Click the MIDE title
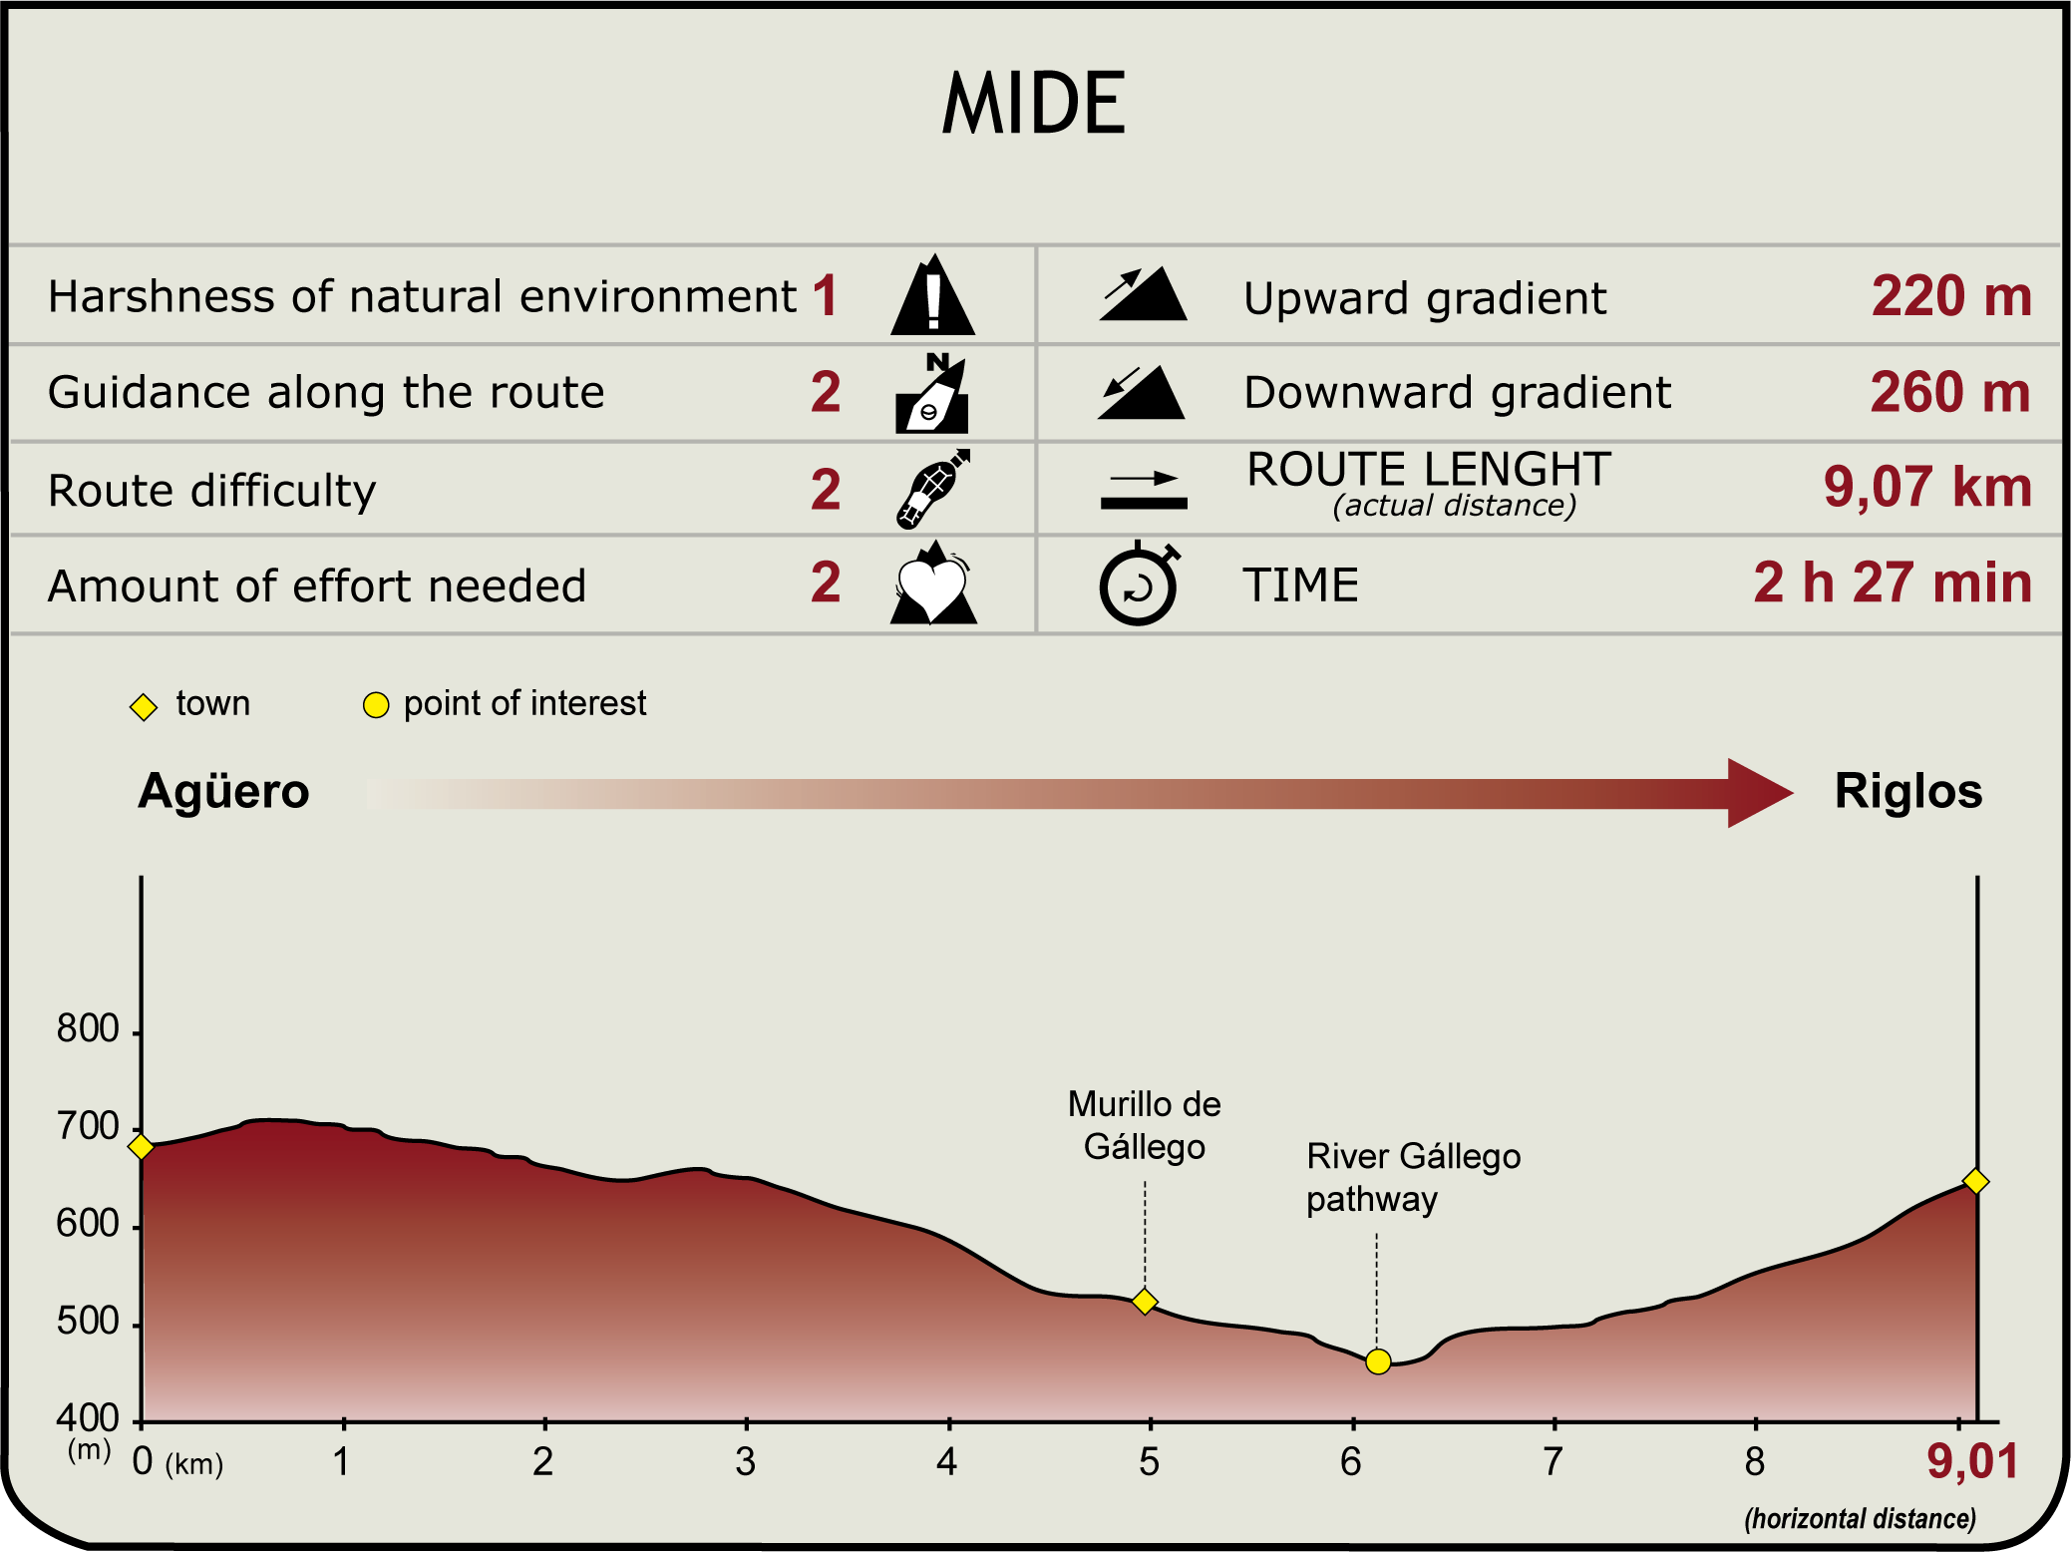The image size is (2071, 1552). [1034, 104]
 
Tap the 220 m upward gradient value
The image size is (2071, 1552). [1950, 296]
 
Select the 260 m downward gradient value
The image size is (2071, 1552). [1949, 392]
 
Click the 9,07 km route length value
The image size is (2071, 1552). [1926, 487]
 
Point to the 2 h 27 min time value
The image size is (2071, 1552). [1892, 582]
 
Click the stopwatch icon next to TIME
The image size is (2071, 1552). [1139, 585]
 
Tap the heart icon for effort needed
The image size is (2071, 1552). [932, 586]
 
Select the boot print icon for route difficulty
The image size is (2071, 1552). [932, 489]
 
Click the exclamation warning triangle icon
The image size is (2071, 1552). [932, 296]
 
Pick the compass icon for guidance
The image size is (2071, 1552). [932, 394]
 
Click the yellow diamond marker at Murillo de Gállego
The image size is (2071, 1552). [1145, 1302]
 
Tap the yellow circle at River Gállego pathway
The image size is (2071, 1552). [1378, 1361]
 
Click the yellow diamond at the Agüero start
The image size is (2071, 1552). [142, 1147]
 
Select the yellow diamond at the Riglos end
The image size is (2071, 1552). [1975, 1182]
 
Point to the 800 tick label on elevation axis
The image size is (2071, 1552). [88, 1028]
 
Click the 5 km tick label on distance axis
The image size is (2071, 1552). [1149, 1462]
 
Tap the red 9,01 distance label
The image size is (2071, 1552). [1972, 1462]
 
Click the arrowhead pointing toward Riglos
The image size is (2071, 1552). [1757, 793]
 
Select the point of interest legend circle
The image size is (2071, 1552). [376, 705]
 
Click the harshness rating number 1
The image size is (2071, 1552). [825, 296]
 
